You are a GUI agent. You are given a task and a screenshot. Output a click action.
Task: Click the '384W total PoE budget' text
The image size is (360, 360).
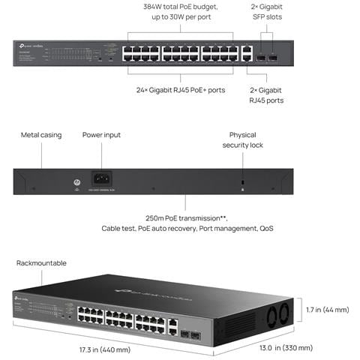(180, 6)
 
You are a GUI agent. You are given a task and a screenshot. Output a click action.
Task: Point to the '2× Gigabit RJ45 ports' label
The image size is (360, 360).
(265, 94)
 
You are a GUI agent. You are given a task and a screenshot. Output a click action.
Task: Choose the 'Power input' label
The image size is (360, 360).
(101, 135)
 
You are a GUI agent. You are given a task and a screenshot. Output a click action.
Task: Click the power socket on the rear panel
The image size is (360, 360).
(100, 179)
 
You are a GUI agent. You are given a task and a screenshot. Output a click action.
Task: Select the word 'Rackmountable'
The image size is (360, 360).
(42, 263)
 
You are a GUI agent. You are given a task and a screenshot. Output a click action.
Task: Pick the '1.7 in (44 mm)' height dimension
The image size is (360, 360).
(327, 309)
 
